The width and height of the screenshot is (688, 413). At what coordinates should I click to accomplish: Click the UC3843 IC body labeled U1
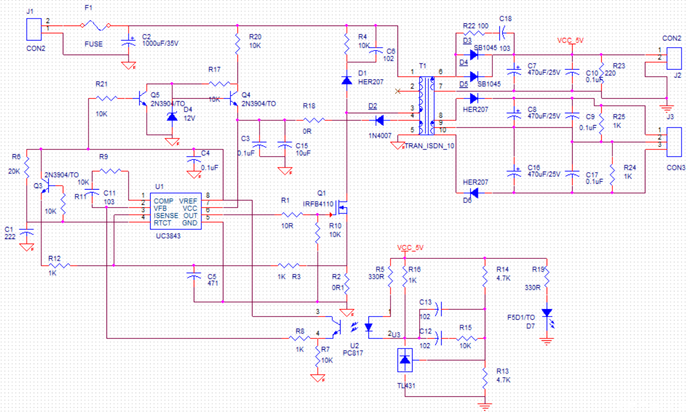click(x=176, y=211)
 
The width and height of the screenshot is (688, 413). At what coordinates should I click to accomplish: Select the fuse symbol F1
click(x=95, y=26)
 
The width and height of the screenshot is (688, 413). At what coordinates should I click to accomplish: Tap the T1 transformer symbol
click(x=426, y=106)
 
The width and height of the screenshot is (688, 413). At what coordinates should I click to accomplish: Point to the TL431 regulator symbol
click(x=405, y=360)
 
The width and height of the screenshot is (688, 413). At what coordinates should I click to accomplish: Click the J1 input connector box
click(x=34, y=29)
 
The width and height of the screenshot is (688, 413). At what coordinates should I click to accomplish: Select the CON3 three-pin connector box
click(x=674, y=142)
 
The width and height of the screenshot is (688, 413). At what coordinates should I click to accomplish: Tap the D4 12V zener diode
click(x=172, y=117)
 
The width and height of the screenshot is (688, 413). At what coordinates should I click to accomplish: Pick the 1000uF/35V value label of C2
click(x=160, y=44)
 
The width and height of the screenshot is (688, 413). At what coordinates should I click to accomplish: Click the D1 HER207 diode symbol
click(x=347, y=80)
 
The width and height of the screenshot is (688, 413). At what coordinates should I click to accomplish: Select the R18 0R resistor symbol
click(x=314, y=120)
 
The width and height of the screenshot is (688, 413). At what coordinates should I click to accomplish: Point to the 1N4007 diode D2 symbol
click(x=380, y=120)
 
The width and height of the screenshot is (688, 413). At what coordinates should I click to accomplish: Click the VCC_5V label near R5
click(x=410, y=248)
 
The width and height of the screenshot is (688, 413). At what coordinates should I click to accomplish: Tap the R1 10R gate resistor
click(x=292, y=215)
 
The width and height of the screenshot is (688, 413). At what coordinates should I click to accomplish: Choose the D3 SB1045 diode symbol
click(x=474, y=55)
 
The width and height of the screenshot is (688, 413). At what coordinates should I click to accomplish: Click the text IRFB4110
click(x=318, y=204)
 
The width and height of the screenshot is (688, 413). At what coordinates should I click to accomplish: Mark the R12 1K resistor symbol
click(x=60, y=266)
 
